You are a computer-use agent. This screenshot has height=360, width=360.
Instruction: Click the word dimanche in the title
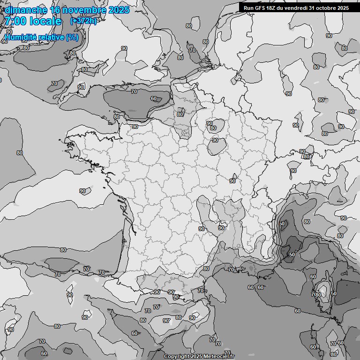point(25,10)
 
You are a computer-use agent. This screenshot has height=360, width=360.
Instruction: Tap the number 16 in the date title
point(55,10)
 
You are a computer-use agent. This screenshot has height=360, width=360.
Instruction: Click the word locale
point(45,21)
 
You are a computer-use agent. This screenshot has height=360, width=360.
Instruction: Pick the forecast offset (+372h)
point(83,21)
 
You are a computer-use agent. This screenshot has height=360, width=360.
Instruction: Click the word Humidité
point(21,37)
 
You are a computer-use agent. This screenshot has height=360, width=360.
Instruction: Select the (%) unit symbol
point(72,37)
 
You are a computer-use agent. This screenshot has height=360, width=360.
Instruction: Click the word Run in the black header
point(248,7)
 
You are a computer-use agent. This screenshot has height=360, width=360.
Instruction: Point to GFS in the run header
point(260,7)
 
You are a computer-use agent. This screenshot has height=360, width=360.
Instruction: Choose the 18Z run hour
point(272,7)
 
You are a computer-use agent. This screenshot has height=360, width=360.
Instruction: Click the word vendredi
point(296,7)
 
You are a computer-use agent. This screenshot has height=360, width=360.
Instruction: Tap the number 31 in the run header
point(313,7)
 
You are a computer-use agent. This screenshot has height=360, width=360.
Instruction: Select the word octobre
point(327,7)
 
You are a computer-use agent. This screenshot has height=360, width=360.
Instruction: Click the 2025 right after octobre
point(343,7)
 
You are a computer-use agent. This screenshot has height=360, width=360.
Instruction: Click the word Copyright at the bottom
point(176,357)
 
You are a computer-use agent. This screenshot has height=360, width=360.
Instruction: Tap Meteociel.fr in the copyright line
point(221,357)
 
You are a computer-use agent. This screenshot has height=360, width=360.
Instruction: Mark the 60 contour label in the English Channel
point(154,98)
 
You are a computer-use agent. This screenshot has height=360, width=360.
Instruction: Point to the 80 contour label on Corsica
point(318,295)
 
